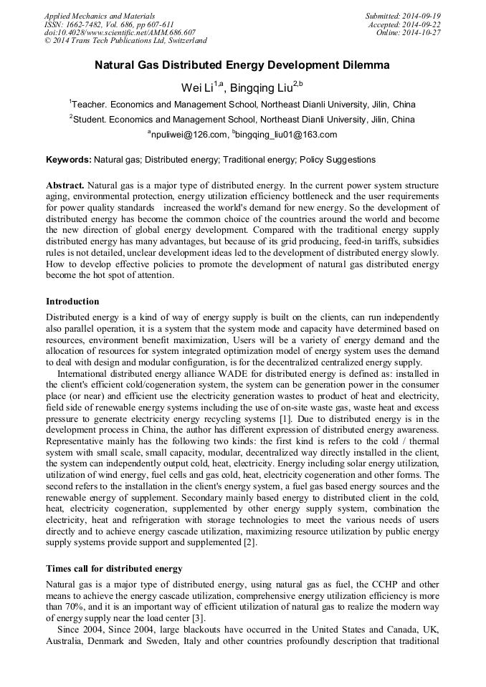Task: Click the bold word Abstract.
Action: coord(65,186)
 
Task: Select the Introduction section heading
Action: coord(72,302)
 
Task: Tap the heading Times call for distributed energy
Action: coord(114,568)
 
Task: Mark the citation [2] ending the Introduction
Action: coord(250,543)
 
